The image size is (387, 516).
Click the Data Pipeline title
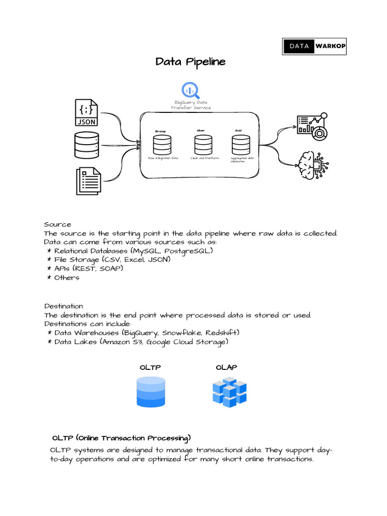(190, 62)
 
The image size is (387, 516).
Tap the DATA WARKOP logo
(314, 46)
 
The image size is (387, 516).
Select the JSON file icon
(87, 112)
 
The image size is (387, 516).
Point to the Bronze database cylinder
(162, 145)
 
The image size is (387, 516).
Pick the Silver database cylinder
(203, 145)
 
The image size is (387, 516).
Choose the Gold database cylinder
(240, 145)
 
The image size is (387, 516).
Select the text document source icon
(88, 181)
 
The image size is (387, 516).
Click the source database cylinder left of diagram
(87, 145)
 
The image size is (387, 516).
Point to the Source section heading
(57, 224)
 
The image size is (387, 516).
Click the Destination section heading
(63, 306)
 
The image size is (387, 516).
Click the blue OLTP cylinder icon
(151, 393)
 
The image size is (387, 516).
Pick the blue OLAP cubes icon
(229, 393)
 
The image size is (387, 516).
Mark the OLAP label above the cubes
(226, 367)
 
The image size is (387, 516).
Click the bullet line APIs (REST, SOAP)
(89, 269)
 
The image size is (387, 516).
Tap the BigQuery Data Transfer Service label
(190, 105)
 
